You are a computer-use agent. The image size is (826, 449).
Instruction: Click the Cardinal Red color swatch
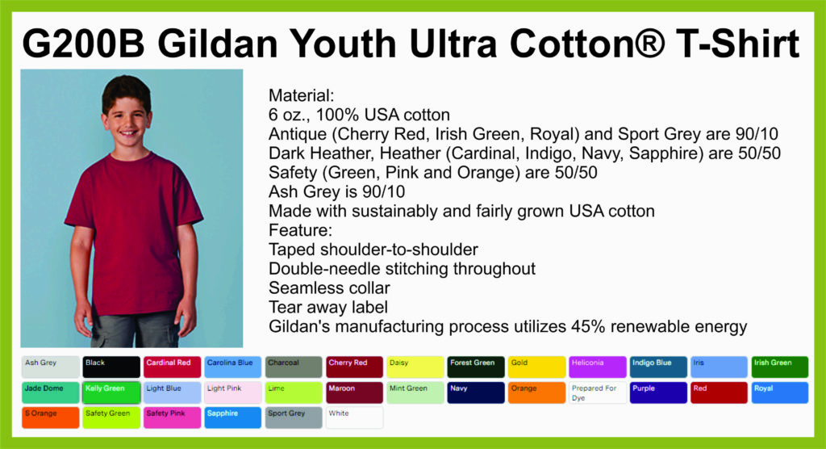click(172, 367)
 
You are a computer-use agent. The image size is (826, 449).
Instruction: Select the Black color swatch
click(111, 367)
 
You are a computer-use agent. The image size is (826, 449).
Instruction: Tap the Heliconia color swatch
click(598, 367)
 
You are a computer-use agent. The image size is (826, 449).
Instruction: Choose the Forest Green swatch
click(476, 367)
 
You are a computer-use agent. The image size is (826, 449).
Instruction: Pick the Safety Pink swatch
click(172, 418)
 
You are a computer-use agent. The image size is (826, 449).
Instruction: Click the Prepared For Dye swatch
click(598, 392)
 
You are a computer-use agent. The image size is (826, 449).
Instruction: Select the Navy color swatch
click(476, 392)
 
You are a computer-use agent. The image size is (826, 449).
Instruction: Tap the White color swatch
click(355, 418)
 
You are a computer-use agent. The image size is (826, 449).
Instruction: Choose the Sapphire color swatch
click(233, 418)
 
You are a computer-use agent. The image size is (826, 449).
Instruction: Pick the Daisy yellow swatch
click(415, 367)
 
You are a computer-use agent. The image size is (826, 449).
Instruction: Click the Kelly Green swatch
click(111, 392)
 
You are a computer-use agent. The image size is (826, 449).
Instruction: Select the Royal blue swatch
click(780, 392)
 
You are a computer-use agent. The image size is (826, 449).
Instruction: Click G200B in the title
click(83, 44)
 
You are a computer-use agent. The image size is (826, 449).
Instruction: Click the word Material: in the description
click(302, 95)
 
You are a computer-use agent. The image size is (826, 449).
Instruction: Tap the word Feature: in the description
click(300, 230)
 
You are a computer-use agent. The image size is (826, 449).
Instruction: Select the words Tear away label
click(328, 307)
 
